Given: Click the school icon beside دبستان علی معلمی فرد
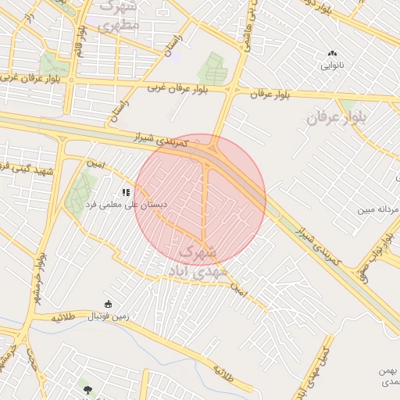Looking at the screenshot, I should [125, 191].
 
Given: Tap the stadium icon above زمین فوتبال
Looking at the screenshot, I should [108, 305].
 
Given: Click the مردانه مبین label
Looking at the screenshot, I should [377, 209].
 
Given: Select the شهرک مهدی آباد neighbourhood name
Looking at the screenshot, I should [202, 262].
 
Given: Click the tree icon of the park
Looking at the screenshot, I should [86, 388].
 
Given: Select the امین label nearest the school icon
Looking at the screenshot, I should [95, 163].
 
